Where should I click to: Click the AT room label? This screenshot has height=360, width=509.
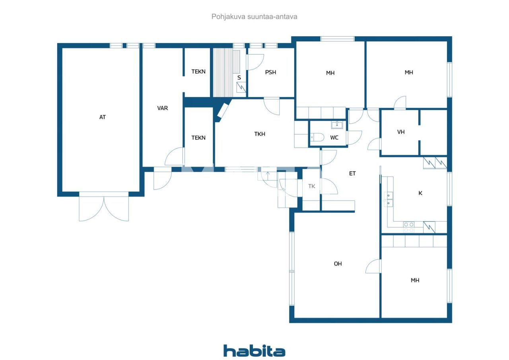pos(103,117)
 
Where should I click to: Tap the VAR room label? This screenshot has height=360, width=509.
pos(162,108)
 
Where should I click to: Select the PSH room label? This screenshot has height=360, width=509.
pos(270,72)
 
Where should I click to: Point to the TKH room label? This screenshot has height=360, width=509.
pos(260,134)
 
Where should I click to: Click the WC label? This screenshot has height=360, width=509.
pos(334,138)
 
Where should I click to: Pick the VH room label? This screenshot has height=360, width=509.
pos(401,132)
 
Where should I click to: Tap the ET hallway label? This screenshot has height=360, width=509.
pos(352,173)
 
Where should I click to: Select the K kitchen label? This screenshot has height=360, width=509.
pos(420,193)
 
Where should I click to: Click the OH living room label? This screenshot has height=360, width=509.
pos(338,264)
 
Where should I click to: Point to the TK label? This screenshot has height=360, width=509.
pos(312,186)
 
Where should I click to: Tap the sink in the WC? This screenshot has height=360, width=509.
pos(337,125)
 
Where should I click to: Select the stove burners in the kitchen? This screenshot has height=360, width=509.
pos(409,227)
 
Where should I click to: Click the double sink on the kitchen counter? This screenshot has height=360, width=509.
pos(388,199)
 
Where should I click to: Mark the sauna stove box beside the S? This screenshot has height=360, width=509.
pos(241,88)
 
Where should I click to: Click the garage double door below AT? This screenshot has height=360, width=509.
pos(104,207)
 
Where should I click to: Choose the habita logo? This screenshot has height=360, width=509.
pos(254,351)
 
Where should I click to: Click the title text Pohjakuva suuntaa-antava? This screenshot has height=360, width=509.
pos(254,17)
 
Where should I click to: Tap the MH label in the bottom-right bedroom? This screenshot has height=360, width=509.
pos(415,280)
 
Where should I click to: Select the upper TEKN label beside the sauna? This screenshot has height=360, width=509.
pos(198,72)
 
